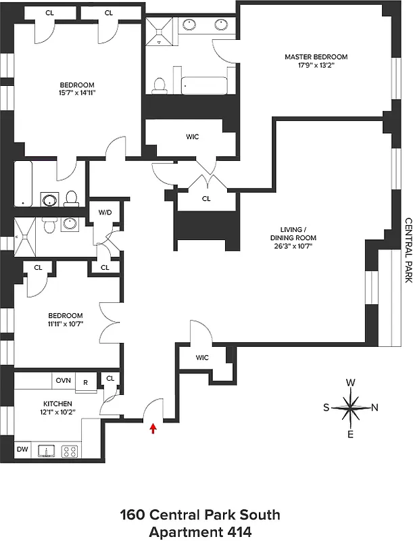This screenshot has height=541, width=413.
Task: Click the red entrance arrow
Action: click(x=153, y=427)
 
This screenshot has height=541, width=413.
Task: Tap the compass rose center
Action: click(x=350, y=408)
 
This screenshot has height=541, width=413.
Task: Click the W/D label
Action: click(x=105, y=212)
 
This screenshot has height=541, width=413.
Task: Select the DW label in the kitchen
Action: click(x=22, y=448)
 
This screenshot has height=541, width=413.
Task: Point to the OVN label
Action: click(x=64, y=381)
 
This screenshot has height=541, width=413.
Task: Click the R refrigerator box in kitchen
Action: click(x=85, y=381)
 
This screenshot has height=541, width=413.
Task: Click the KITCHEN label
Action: click(x=57, y=403)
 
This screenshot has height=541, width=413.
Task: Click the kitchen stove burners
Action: click(x=70, y=450)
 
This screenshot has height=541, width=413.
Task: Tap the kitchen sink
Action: click(x=47, y=450)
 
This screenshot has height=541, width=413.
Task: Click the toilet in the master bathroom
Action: click(x=160, y=84)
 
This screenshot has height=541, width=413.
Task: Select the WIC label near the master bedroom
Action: click(x=192, y=137)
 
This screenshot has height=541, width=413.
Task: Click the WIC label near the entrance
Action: click(x=202, y=358)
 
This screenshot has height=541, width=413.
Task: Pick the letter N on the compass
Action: click(x=374, y=408)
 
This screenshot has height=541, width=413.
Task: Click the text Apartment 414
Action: click(x=199, y=532)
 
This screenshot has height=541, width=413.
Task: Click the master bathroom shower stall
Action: click(x=161, y=32)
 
